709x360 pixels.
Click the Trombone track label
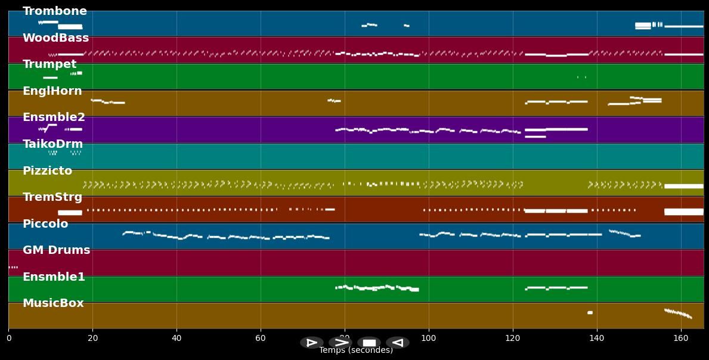point(54,11)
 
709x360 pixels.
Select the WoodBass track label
point(55,38)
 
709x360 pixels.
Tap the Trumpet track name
point(49,64)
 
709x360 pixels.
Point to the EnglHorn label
point(52,91)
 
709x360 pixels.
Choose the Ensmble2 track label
point(54,117)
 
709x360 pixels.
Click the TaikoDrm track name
point(52,144)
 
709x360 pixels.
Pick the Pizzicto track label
point(47,171)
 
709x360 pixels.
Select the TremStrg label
point(52,197)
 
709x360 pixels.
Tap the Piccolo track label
point(45,224)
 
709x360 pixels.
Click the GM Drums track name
point(56,250)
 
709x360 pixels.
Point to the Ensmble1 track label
point(54,277)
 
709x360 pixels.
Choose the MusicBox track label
point(53,303)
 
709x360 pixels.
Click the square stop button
point(369,343)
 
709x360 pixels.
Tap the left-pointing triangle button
point(398,343)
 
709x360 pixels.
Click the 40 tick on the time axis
point(177,339)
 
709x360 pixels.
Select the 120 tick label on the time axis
point(512,339)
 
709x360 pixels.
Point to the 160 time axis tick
point(680,339)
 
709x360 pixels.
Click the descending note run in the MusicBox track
point(678,313)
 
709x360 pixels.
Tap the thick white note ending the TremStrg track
point(683,212)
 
